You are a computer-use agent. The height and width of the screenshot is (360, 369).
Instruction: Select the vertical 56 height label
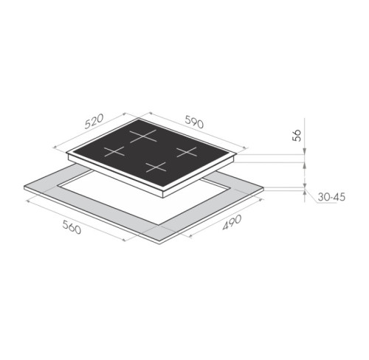click(297, 134)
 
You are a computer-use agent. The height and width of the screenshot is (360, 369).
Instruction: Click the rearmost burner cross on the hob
click(144, 135)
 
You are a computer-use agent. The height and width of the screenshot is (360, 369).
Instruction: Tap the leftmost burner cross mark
click(114, 151)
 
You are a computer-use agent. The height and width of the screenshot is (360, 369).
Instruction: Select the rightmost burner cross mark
click(185, 153)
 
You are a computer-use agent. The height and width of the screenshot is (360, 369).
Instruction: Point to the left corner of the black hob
click(67, 155)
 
